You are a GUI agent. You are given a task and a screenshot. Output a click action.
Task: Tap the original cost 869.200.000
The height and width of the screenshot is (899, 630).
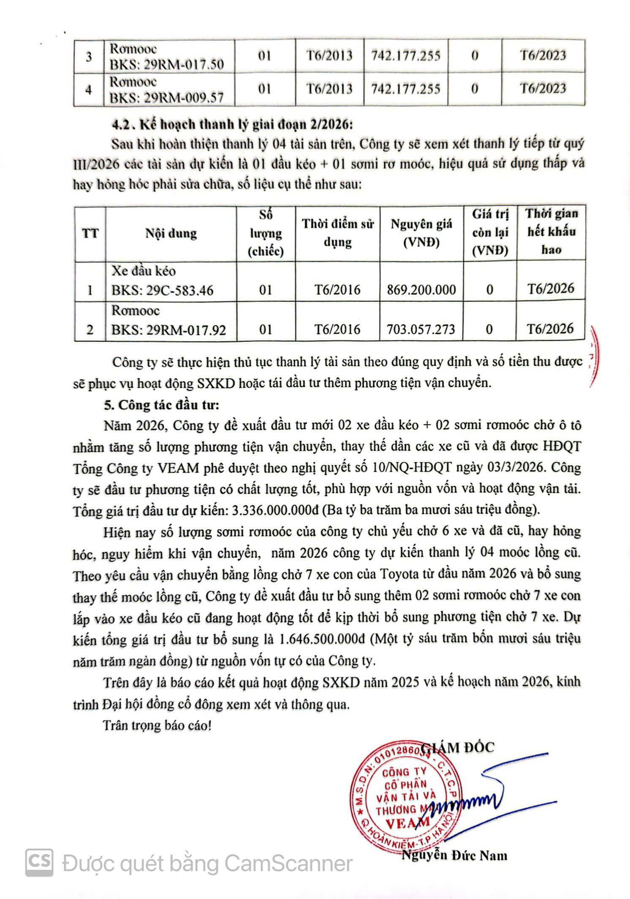(421, 289)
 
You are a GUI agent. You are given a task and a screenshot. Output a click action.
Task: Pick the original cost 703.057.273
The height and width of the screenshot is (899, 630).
(421, 329)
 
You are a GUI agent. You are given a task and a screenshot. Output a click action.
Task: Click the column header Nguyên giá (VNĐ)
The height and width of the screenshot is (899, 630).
(421, 233)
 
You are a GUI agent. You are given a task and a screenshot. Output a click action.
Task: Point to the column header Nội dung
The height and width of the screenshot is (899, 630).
(171, 233)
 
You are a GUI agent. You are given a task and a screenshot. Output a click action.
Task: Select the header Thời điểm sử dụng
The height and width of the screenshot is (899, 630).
(337, 233)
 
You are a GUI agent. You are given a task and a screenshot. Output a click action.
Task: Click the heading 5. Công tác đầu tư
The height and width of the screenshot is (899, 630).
(162, 405)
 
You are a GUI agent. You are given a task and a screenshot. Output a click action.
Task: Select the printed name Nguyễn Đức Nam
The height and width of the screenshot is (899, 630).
(454, 856)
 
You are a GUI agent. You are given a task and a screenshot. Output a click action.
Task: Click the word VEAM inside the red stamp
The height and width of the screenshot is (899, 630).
(402, 822)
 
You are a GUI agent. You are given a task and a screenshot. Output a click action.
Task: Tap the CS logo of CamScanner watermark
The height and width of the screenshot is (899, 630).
(39, 862)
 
